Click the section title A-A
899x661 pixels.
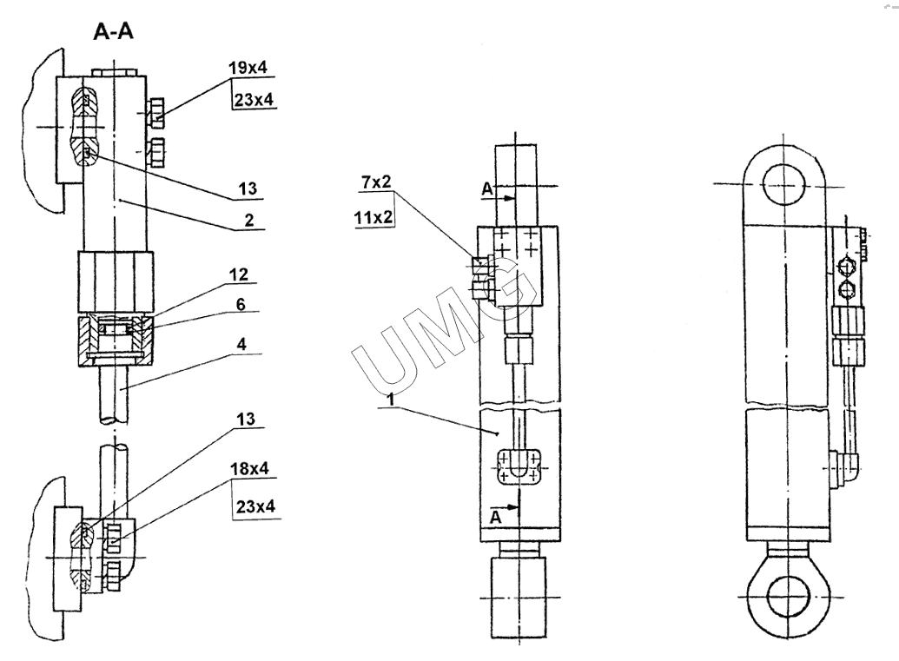[x=114, y=31]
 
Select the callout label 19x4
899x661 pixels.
[x=248, y=68]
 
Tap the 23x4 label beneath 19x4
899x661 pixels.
[x=254, y=100]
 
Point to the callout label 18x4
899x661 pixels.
[x=249, y=468]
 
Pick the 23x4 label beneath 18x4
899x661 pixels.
[x=255, y=506]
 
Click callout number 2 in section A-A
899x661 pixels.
[x=248, y=220]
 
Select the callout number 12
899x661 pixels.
[x=239, y=274]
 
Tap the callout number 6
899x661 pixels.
[x=241, y=304]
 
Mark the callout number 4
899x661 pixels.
[x=241, y=344]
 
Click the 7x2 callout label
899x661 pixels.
[x=376, y=182]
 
